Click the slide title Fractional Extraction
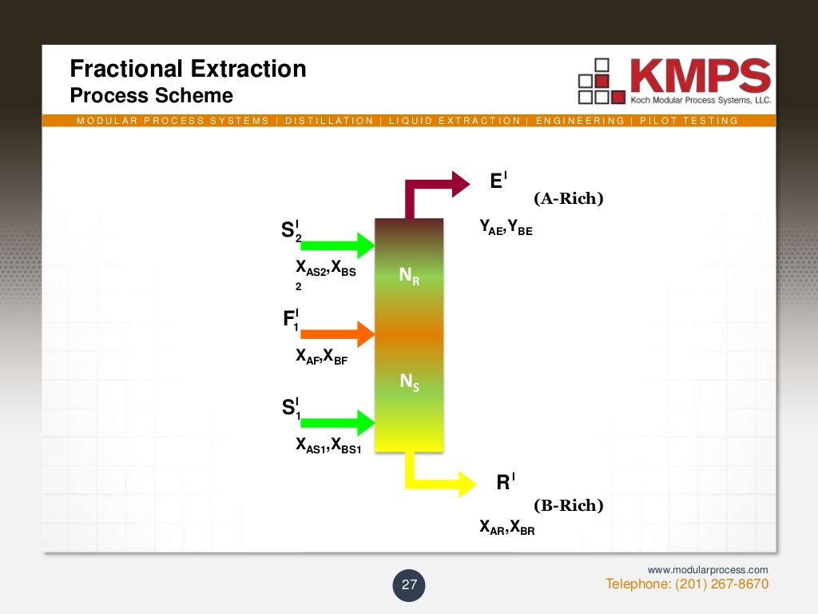click(x=188, y=69)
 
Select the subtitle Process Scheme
click(x=152, y=96)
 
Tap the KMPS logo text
click(x=699, y=77)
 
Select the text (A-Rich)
click(x=568, y=199)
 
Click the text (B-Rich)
click(x=568, y=505)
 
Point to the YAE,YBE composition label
click(x=506, y=229)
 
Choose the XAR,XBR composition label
click(x=506, y=528)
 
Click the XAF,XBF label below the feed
click(x=321, y=357)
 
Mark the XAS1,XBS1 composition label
click(x=328, y=446)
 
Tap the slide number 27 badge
click(x=409, y=584)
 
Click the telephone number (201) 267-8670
click(x=687, y=584)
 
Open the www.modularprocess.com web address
click(x=707, y=569)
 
